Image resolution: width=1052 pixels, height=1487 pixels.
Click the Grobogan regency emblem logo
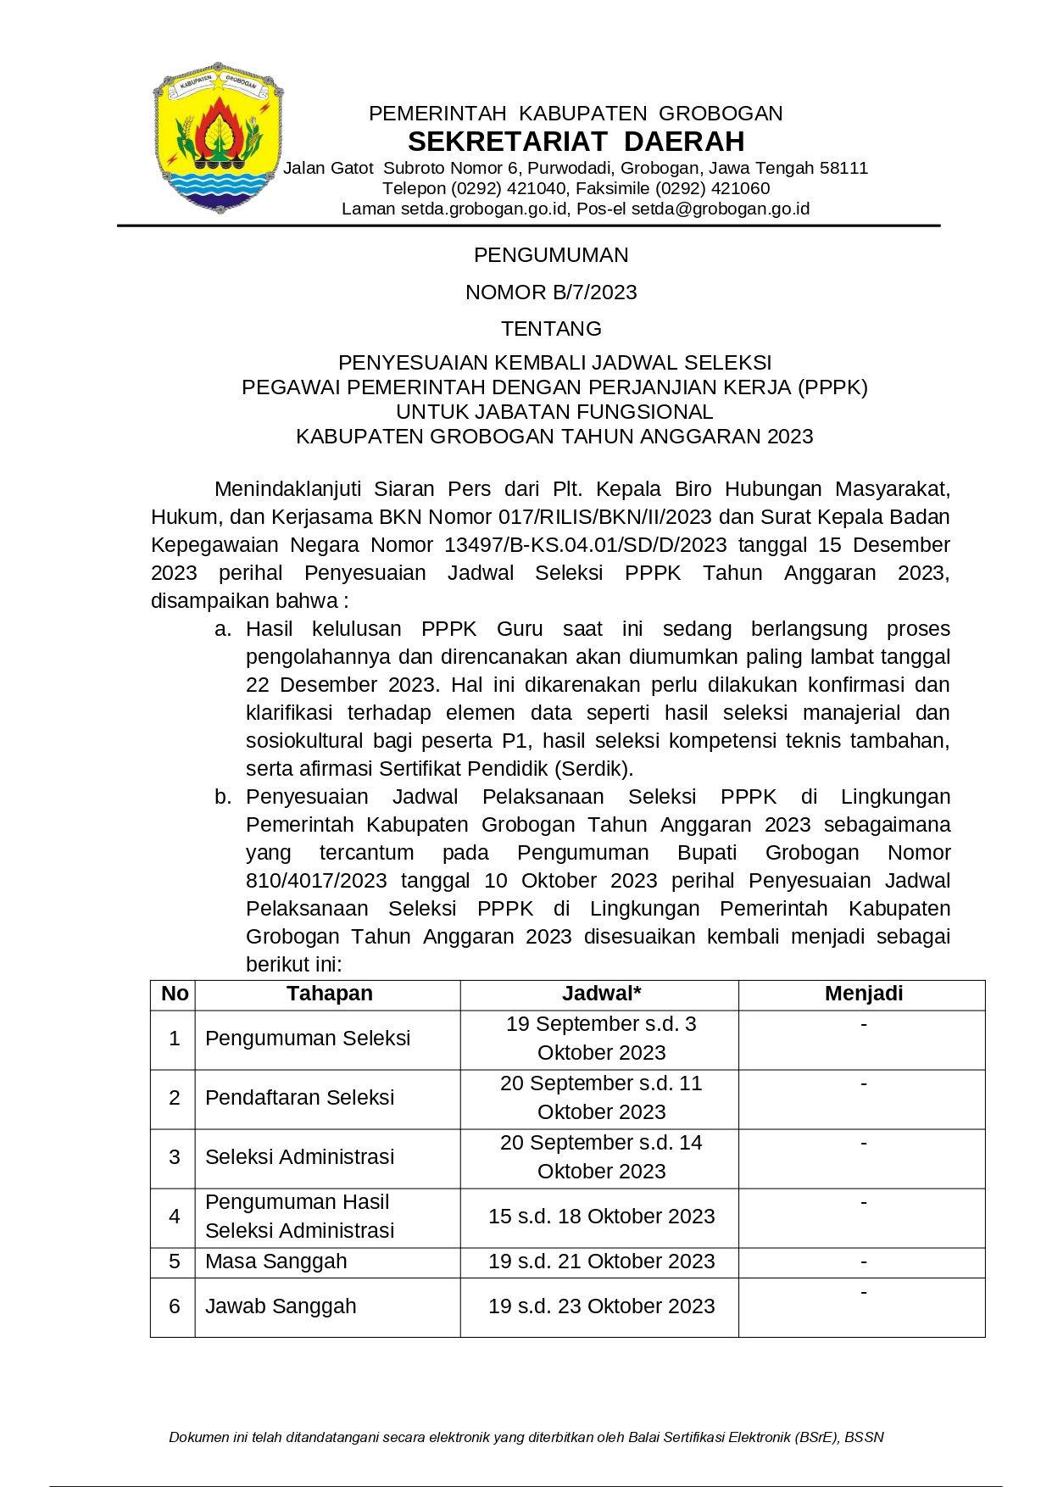pos(218,136)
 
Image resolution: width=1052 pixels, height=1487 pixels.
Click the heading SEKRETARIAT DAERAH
pos(576,141)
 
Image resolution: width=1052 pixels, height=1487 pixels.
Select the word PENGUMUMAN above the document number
pos(551,255)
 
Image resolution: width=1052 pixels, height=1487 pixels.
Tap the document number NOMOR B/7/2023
pos(551,292)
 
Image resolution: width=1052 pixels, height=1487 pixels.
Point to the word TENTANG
pos(551,329)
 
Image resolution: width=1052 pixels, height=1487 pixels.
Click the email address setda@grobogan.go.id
pos(721,209)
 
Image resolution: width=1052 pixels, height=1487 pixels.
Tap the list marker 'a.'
pos(223,629)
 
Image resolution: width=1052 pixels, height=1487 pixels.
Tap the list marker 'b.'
pos(223,797)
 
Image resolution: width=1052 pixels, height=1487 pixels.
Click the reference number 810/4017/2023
pos(316,881)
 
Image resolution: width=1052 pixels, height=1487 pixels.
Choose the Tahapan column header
pos(329,994)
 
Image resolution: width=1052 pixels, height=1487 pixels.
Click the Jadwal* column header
pos(601,994)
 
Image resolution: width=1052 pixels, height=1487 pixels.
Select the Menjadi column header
pos(863,994)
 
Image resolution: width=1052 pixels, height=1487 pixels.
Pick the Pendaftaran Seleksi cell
pos(299,1098)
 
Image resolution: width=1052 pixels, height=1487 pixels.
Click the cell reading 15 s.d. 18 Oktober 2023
pos(601,1217)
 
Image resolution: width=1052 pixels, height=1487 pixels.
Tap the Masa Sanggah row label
pos(276,1261)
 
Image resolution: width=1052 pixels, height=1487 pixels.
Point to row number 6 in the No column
pos(174,1306)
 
